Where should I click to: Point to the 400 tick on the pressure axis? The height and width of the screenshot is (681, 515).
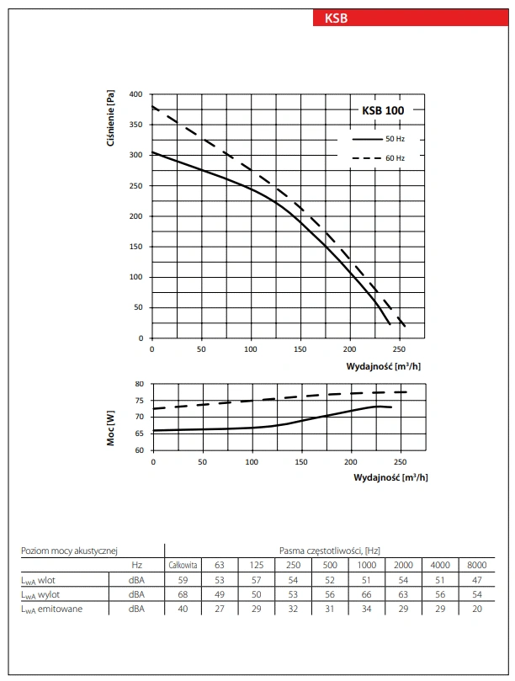point(135,94)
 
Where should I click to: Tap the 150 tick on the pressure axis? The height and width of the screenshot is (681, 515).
point(135,247)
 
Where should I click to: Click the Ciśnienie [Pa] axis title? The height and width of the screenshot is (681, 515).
point(111,120)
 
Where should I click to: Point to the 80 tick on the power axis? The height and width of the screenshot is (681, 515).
point(139,384)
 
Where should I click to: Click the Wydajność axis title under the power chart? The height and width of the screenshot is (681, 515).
point(390,476)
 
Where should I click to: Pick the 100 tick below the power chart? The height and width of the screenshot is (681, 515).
point(252,461)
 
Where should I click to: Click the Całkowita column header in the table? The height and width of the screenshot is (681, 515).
point(183,565)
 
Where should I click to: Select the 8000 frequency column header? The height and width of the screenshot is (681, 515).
point(476,565)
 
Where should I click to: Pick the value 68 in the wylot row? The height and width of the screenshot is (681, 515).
point(183,594)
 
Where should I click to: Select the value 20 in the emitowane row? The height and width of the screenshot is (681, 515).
point(476,609)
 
